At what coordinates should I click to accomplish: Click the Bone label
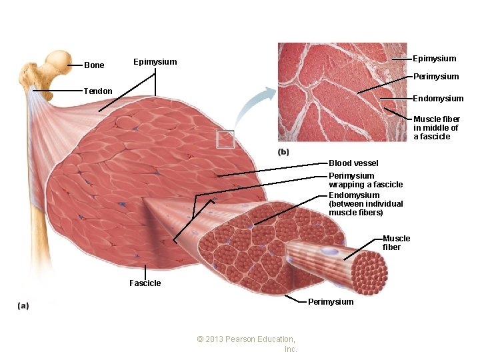pos(94,65)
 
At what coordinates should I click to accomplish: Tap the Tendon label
pos(97,91)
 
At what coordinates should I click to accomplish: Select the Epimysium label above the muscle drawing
pos(155,62)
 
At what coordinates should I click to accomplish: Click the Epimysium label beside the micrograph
pos(435,59)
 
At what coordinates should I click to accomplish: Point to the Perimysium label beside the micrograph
pos(436,77)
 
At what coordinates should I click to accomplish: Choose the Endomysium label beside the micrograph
pos(438,99)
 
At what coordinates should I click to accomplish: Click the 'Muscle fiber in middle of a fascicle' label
pos(436,128)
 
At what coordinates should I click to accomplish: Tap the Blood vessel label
pos(353,163)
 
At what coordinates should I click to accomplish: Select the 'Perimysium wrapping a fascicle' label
pos(365,180)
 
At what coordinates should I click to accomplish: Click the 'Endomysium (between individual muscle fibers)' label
pos(365,204)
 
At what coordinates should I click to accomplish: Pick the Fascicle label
pos(145,283)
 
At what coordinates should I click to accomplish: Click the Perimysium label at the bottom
pos(331,302)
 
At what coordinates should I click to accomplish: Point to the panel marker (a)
pos(23,305)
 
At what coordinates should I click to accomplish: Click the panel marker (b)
pos(283,152)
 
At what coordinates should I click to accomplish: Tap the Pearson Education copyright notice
pos(247,344)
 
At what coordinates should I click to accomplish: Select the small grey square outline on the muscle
pos(225,139)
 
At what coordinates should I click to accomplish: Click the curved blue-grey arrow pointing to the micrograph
pos(253,107)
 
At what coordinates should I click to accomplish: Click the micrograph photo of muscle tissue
pos(341,93)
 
